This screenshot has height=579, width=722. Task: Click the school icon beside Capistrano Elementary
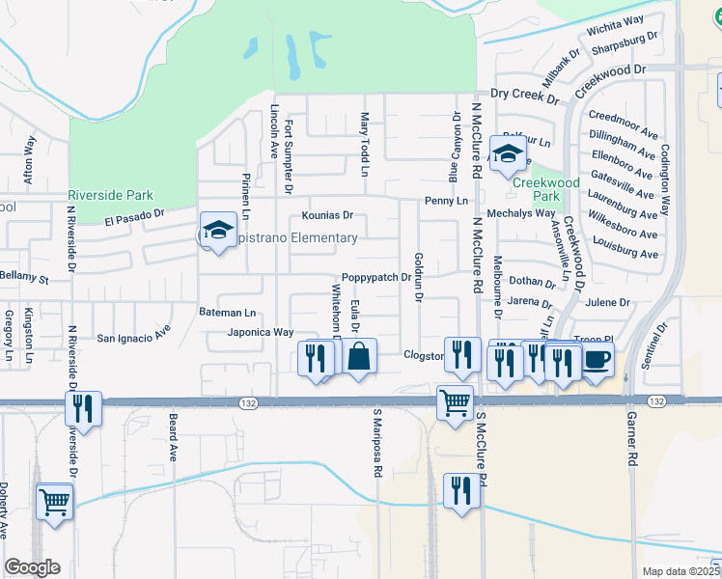[218, 232]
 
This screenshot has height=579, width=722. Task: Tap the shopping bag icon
[358, 356]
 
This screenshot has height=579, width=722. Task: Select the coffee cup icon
[596, 359]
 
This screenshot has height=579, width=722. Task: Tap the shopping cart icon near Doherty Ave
[54, 501]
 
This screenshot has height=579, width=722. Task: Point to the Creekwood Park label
[545, 189]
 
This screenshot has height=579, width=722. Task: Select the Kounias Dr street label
[327, 216]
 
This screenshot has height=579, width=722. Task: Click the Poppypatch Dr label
[377, 277]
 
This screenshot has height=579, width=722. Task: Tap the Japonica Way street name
[260, 332]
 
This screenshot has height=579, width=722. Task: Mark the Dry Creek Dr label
[525, 96]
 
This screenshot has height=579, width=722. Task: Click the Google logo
[32, 567]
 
